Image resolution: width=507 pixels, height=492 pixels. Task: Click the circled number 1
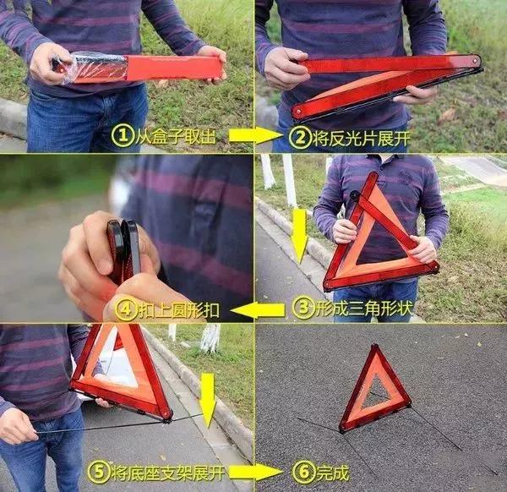pyautogui.click(x=123, y=136)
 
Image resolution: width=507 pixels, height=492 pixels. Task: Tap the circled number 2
pyautogui.click(x=300, y=138)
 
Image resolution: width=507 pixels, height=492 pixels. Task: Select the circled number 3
pyautogui.click(x=303, y=308)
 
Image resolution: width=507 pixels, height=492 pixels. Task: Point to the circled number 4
pyautogui.click(x=127, y=310)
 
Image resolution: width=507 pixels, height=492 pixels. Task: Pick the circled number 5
pyautogui.click(x=99, y=472)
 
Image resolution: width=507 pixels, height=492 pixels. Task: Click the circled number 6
pyautogui.click(x=304, y=472)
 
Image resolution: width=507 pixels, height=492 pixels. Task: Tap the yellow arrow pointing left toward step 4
pyautogui.click(x=258, y=311)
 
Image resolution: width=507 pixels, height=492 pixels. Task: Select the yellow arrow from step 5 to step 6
pyautogui.click(x=255, y=473)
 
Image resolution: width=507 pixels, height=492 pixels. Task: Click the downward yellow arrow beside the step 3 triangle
pyautogui.click(x=300, y=236)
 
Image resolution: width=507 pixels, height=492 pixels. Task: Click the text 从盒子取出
pyautogui.click(x=175, y=136)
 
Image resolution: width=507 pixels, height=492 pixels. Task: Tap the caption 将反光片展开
pyautogui.click(x=361, y=139)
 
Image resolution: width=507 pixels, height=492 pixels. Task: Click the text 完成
pyautogui.click(x=333, y=473)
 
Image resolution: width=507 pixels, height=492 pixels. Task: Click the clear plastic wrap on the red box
pyautogui.click(x=90, y=68)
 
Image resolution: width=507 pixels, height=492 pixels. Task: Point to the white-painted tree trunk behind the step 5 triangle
pyautogui.click(x=210, y=338)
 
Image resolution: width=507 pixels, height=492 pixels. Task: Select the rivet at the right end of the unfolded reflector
pyautogui.click(x=476, y=60)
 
